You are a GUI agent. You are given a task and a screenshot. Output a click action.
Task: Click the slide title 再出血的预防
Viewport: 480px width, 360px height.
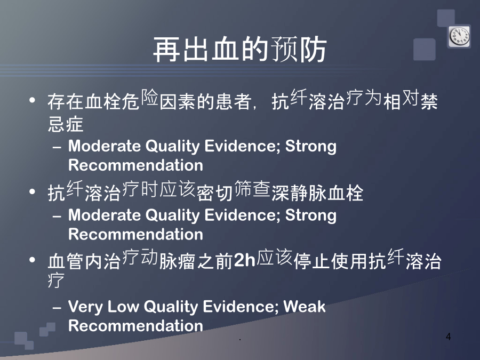point(239,50)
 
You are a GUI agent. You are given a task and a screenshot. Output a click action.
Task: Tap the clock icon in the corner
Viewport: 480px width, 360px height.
point(460,36)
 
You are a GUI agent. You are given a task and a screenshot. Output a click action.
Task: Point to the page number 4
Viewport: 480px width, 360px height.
point(448,337)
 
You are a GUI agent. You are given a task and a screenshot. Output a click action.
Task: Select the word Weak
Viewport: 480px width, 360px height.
point(305,307)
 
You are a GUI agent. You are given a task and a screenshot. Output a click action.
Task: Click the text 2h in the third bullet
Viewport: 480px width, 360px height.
point(244,260)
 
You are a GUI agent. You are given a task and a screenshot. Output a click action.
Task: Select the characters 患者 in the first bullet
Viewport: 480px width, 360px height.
point(234,101)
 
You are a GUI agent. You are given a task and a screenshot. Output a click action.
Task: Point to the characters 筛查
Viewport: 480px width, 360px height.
point(252,189)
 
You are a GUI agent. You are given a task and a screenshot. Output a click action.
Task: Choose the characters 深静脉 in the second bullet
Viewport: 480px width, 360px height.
point(299,193)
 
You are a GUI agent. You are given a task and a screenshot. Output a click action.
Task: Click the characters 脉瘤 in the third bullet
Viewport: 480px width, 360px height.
point(177,261)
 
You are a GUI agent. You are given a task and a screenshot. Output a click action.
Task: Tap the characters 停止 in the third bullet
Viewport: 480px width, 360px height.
point(311,261)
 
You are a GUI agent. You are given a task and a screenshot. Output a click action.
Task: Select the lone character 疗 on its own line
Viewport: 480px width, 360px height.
point(56,280)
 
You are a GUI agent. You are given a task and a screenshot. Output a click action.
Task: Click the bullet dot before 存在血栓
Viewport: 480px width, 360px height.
point(32,100)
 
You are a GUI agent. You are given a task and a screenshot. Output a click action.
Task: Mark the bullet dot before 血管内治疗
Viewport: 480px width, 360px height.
point(32,260)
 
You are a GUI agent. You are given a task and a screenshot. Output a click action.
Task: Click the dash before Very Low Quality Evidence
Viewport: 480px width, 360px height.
point(57,307)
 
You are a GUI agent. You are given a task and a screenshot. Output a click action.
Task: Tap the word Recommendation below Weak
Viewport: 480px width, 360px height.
point(135,325)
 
